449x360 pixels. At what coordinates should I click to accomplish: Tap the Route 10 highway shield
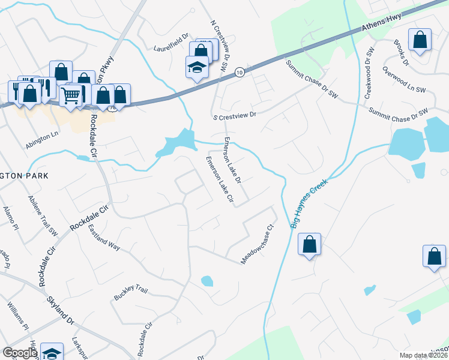(x=239, y=71)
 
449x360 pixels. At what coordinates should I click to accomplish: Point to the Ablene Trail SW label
(x=43, y=214)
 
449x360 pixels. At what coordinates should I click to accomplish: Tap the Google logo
(x=20, y=353)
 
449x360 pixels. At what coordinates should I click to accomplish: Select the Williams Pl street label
(x=17, y=316)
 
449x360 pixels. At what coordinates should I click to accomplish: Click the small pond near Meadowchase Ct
(x=206, y=280)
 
